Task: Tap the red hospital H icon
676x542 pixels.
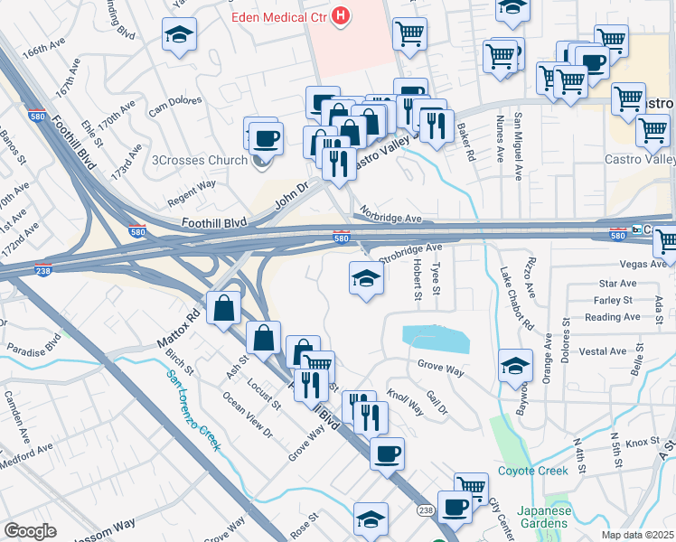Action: point(341,15)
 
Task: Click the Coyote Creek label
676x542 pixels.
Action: point(532,471)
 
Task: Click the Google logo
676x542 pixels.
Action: point(29,531)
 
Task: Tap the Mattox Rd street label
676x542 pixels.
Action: point(181,325)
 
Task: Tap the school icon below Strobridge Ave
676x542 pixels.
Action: point(365,277)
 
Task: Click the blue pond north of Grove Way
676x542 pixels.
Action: point(437,339)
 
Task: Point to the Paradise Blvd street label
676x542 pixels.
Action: point(33,347)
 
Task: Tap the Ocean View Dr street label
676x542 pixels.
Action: point(247,416)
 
